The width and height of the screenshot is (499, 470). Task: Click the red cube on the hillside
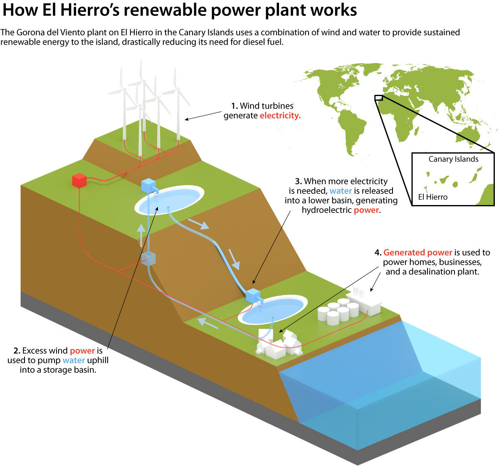click(79, 180)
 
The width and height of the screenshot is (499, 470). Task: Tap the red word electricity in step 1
click(280, 115)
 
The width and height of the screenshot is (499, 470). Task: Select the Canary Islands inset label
click(453, 159)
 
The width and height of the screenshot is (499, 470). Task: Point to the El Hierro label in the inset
click(432, 197)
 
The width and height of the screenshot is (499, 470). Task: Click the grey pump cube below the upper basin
click(148, 259)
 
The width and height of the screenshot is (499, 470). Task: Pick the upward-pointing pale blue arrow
click(141, 235)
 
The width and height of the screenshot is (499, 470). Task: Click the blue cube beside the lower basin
click(252, 295)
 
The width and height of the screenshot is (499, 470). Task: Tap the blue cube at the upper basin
click(149, 186)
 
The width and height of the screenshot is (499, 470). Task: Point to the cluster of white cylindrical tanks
click(338, 311)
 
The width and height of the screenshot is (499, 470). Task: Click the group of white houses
click(279, 343)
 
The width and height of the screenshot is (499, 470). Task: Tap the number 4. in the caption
click(378, 252)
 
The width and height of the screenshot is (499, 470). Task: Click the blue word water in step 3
click(341, 191)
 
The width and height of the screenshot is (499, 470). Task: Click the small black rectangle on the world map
click(378, 98)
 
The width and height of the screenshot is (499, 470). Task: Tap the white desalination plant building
click(364, 302)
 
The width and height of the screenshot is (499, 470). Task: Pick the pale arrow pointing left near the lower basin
click(208, 324)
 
